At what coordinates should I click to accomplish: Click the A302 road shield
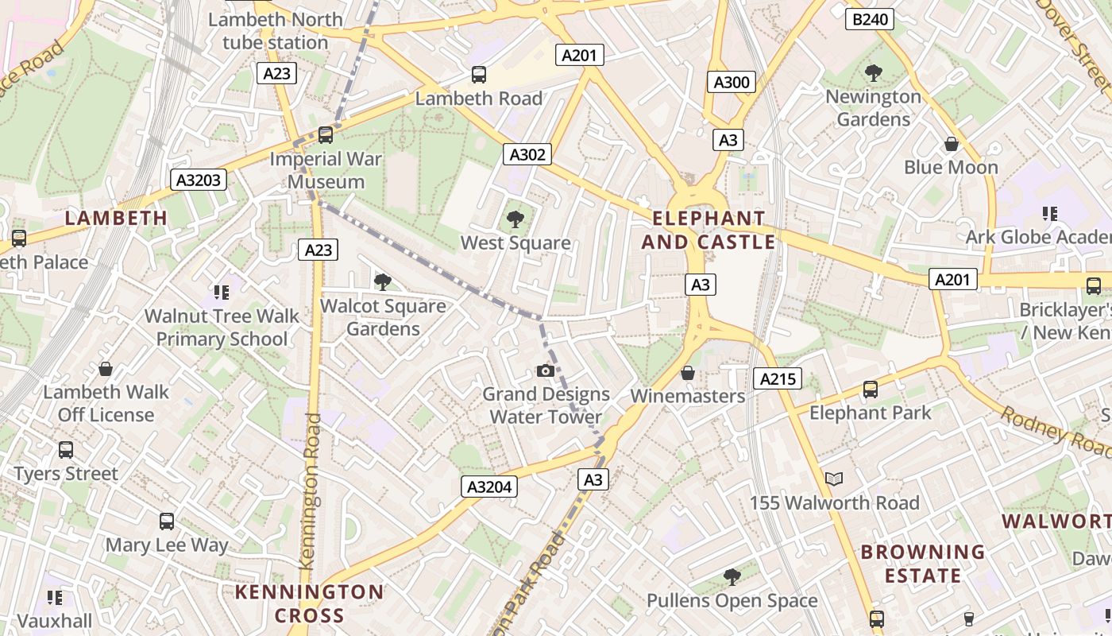(527, 154)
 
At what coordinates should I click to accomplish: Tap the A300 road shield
(731, 82)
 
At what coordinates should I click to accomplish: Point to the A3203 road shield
(199, 180)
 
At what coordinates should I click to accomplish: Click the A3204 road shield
(489, 487)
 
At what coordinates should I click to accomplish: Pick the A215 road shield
(778, 378)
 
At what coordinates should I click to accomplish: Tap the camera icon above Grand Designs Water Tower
(545, 370)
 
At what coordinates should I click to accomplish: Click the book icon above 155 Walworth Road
(834, 479)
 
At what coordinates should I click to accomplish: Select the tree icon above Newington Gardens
(873, 73)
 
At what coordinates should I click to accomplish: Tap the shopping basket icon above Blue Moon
(951, 144)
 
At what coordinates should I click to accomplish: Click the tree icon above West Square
(515, 219)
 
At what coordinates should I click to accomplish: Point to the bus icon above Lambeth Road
(479, 75)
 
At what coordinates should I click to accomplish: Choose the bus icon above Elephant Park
(871, 390)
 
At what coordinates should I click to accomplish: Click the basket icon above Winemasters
(688, 372)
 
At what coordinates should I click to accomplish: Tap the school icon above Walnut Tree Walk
(222, 292)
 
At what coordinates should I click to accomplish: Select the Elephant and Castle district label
(708, 230)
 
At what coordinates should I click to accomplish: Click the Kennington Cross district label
(310, 603)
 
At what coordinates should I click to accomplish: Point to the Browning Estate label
(923, 563)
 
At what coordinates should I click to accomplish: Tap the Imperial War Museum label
(326, 170)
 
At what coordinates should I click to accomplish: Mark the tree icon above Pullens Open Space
(732, 577)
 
